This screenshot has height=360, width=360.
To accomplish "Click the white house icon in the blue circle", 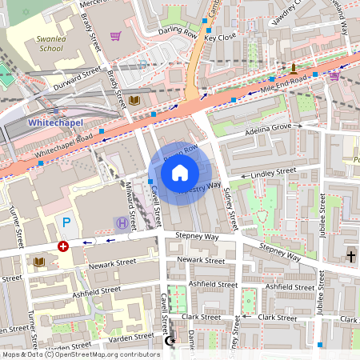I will tap(180, 172).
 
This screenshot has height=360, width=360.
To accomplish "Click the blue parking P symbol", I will tap(66, 222).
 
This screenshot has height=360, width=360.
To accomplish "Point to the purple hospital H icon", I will tap(121, 222).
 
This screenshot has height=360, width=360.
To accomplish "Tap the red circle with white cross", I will tap(63, 246).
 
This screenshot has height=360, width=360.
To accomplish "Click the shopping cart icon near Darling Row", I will tap(116, 36).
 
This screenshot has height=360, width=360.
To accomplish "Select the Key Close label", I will tap(220, 38).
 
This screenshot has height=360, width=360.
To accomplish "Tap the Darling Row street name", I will tap(178, 34).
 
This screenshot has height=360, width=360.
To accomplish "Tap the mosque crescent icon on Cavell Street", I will tap(169, 341).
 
